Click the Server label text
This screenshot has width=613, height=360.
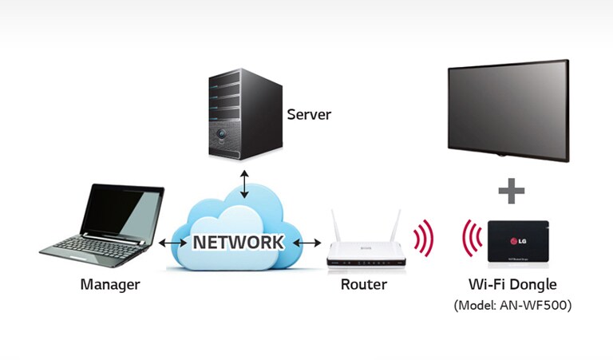(309, 115)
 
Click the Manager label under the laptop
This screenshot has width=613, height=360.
(110, 284)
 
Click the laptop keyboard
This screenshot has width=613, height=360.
(95, 243)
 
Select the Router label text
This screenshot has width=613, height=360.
(363, 284)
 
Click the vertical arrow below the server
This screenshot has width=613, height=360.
(246, 184)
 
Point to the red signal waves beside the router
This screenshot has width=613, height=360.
(423, 239)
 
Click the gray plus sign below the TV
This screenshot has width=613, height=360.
(511, 192)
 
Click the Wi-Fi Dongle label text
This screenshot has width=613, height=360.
(512, 284)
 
